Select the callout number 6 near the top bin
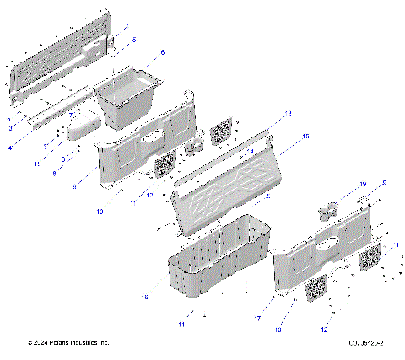tap(163, 52)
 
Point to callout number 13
tap(289, 113)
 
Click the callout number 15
tap(305, 136)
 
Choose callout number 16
tap(144, 298)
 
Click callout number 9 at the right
tap(384, 183)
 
